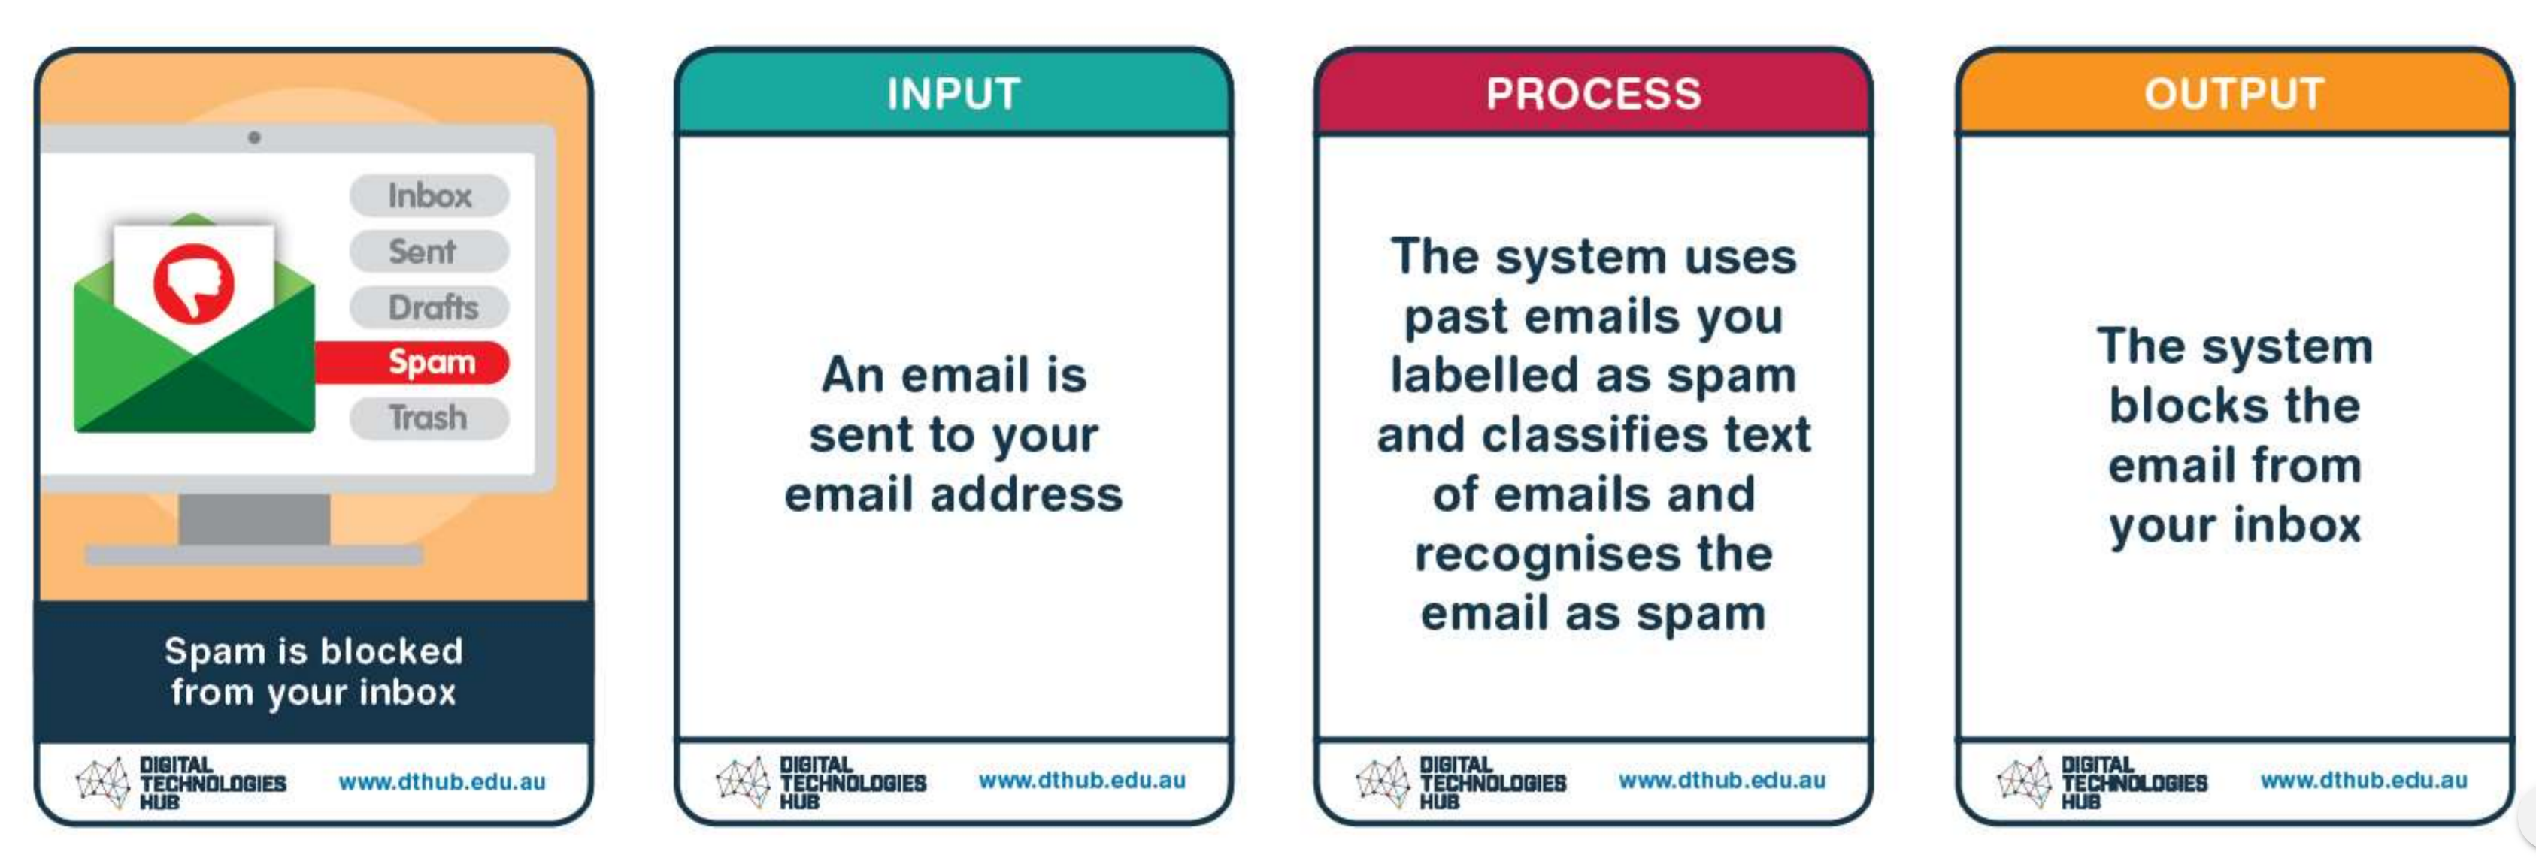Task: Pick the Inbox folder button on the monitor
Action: pos(429,195)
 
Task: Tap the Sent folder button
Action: pos(429,251)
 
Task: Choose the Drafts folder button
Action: pos(429,307)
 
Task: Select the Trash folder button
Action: pos(429,418)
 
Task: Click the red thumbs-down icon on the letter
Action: pos(194,283)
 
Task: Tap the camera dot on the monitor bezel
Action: pos(254,137)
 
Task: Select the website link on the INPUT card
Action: pos(1082,781)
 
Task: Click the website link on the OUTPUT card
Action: pos(2364,781)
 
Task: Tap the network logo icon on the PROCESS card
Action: pos(1383,782)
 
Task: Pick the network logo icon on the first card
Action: pos(103,782)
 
